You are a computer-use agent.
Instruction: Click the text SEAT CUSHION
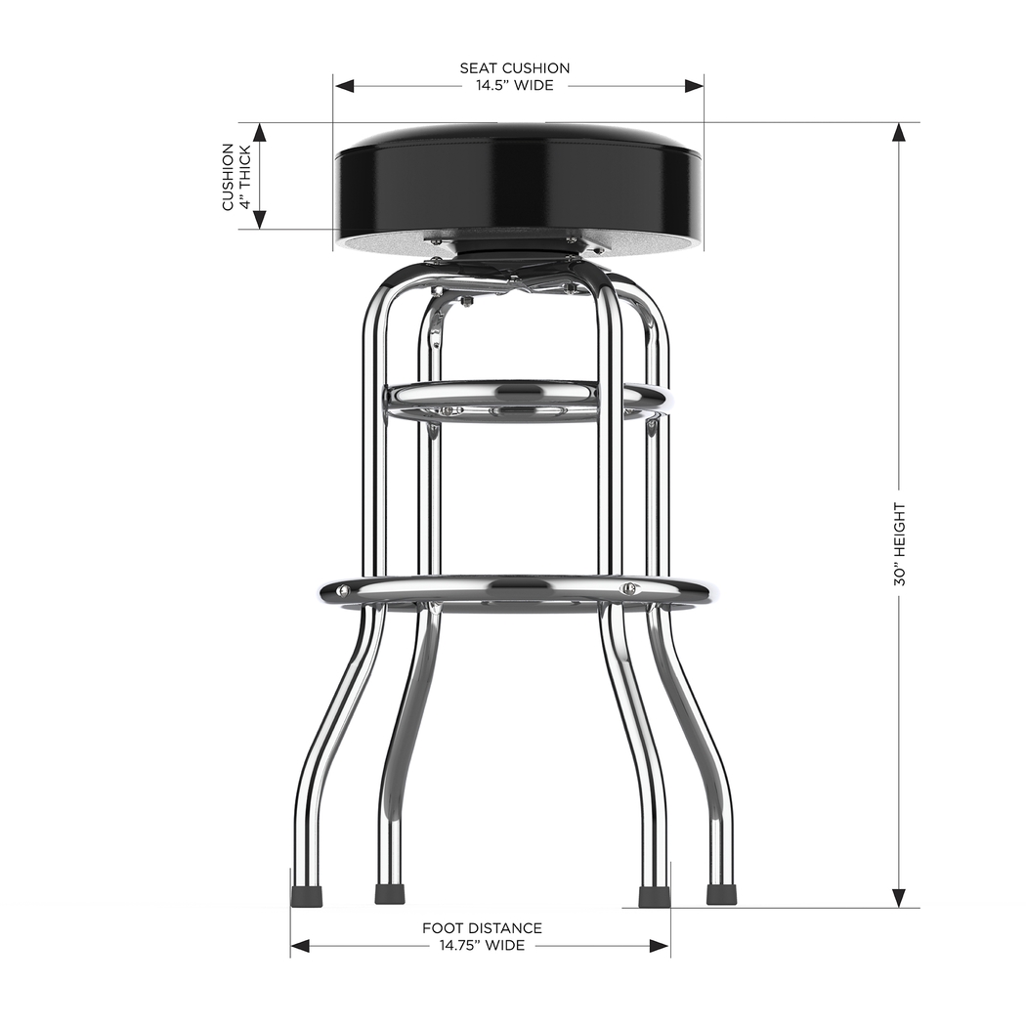(x=515, y=68)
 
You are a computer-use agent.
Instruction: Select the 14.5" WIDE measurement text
(x=515, y=86)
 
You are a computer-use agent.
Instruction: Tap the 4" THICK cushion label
(x=245, y=177)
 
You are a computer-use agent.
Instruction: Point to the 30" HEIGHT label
(x=899, y=544)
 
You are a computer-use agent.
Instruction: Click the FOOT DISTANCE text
(x=482, y=928)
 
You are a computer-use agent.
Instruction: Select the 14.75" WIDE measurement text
(x=482, y=946)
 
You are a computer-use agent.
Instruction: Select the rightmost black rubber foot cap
(x=721, y=895)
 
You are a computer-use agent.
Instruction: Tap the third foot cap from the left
(x=653, y=896)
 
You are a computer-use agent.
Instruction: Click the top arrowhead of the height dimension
(x=899, y=132)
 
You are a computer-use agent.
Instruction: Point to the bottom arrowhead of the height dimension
(x=899, y=898)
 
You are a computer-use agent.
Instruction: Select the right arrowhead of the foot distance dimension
(x=661, y=946)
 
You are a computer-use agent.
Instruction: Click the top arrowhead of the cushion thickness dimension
(x=260, y=132)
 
